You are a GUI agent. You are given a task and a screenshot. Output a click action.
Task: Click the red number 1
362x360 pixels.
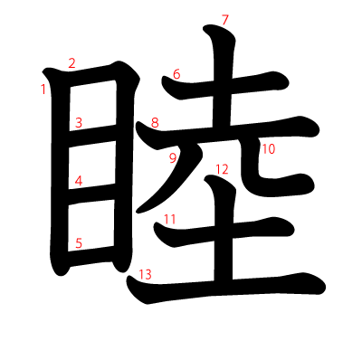(x=43, y=89)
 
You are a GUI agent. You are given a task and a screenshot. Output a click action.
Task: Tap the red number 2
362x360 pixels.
(x=71, y=63)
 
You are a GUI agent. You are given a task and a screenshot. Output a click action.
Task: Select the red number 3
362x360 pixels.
(x=79, y=123)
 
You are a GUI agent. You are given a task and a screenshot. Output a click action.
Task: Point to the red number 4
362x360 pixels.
(x=79, y=181)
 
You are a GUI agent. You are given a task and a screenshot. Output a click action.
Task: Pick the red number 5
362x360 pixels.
(x=79, y=242)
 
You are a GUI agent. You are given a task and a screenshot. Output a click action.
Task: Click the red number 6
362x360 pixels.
(x=176, y=74)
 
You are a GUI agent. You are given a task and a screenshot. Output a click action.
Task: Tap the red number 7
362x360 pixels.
(x=224, y=20)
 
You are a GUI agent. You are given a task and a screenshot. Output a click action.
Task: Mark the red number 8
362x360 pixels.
(x=155, y=123)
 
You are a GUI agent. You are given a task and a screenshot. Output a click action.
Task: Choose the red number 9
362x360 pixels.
(x=173, y=159)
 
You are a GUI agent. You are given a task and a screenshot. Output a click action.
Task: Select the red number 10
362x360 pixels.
(x=268, y=149)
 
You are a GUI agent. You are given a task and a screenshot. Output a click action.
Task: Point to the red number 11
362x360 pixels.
(x=170, y=219)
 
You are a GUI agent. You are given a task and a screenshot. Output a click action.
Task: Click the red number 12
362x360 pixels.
(x=223, y=169)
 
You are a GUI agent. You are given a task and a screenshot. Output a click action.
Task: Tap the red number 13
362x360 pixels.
(x=145, y=274)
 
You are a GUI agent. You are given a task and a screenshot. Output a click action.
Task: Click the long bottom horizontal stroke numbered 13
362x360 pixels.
(x=235, y=288)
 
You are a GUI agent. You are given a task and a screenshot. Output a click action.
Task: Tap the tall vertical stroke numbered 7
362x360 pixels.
(x=224, y=90)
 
